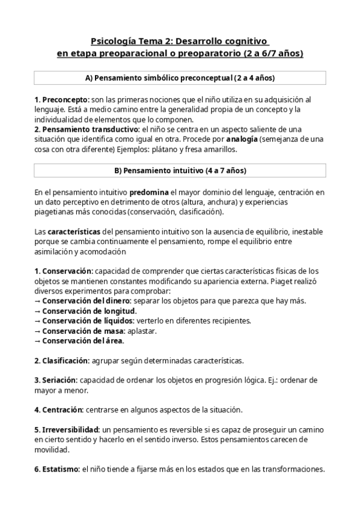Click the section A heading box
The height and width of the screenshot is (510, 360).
(180, 78)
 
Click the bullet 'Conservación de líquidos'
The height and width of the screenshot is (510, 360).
(88, 321)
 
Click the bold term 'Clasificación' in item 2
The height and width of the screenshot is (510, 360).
(65, 361)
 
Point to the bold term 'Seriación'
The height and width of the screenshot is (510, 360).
(59, 381)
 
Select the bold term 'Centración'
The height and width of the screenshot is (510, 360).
(62, 410)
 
